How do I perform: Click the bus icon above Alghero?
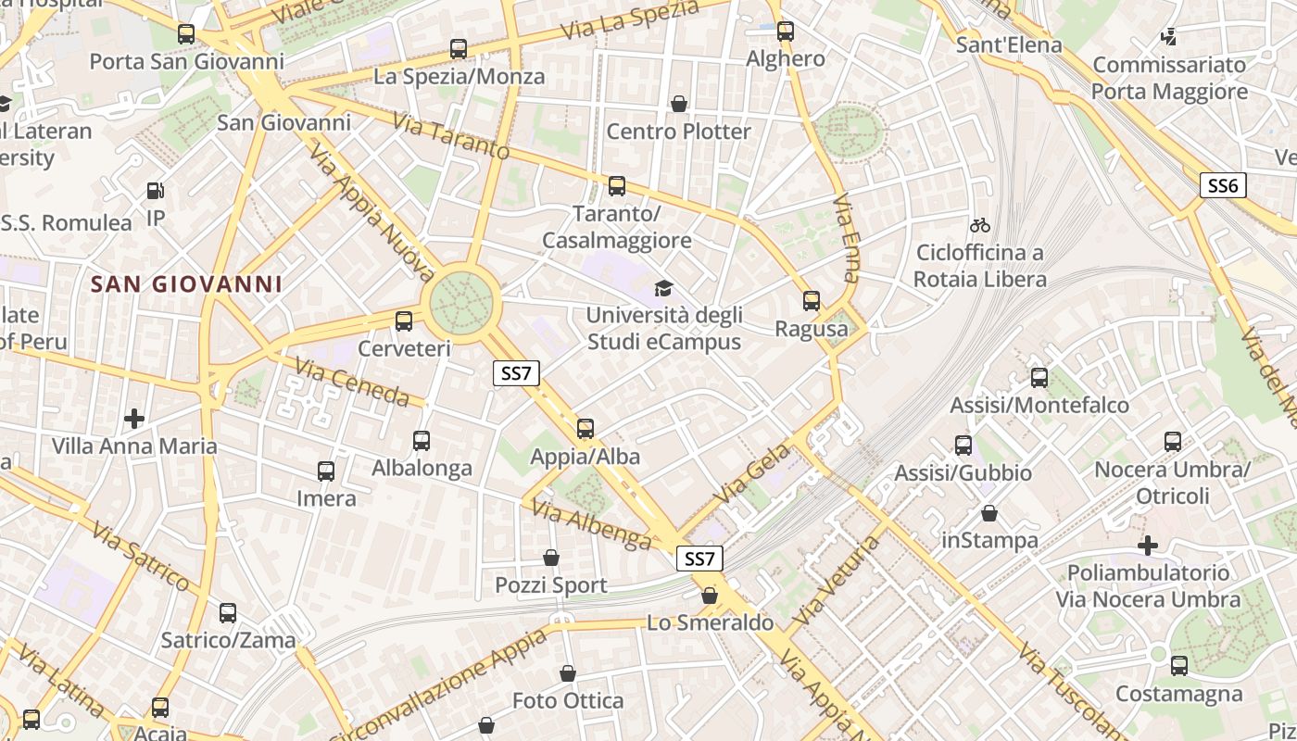[x=786, y=31]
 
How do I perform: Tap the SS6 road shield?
[x=1223, y=185]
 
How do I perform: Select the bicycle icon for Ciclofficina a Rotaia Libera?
[x=979, y=225]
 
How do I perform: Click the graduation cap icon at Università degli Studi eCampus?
[x=663, y=288]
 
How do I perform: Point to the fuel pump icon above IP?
[x=156, y=192]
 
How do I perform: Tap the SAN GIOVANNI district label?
[x=186, y=284]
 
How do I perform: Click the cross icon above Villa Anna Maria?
[x=134, y=419]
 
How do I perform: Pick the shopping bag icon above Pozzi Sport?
[x=551, y=558]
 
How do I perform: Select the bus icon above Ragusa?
[x=812, y=301]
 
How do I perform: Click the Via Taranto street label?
[x=451, y=135]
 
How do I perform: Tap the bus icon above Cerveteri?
[x=404, y=321]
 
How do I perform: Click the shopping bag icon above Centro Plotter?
[x=679, y=104]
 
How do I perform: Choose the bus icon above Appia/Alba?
[x=585, y=429]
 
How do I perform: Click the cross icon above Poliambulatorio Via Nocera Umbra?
[x=1148, y=546]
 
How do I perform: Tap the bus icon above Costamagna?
[x=1178, y=666]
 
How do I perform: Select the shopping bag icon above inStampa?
[x=989, y=513]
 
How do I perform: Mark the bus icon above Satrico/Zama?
[x=228, y=613]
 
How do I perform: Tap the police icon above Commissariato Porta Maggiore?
[x=1169, y=38]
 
